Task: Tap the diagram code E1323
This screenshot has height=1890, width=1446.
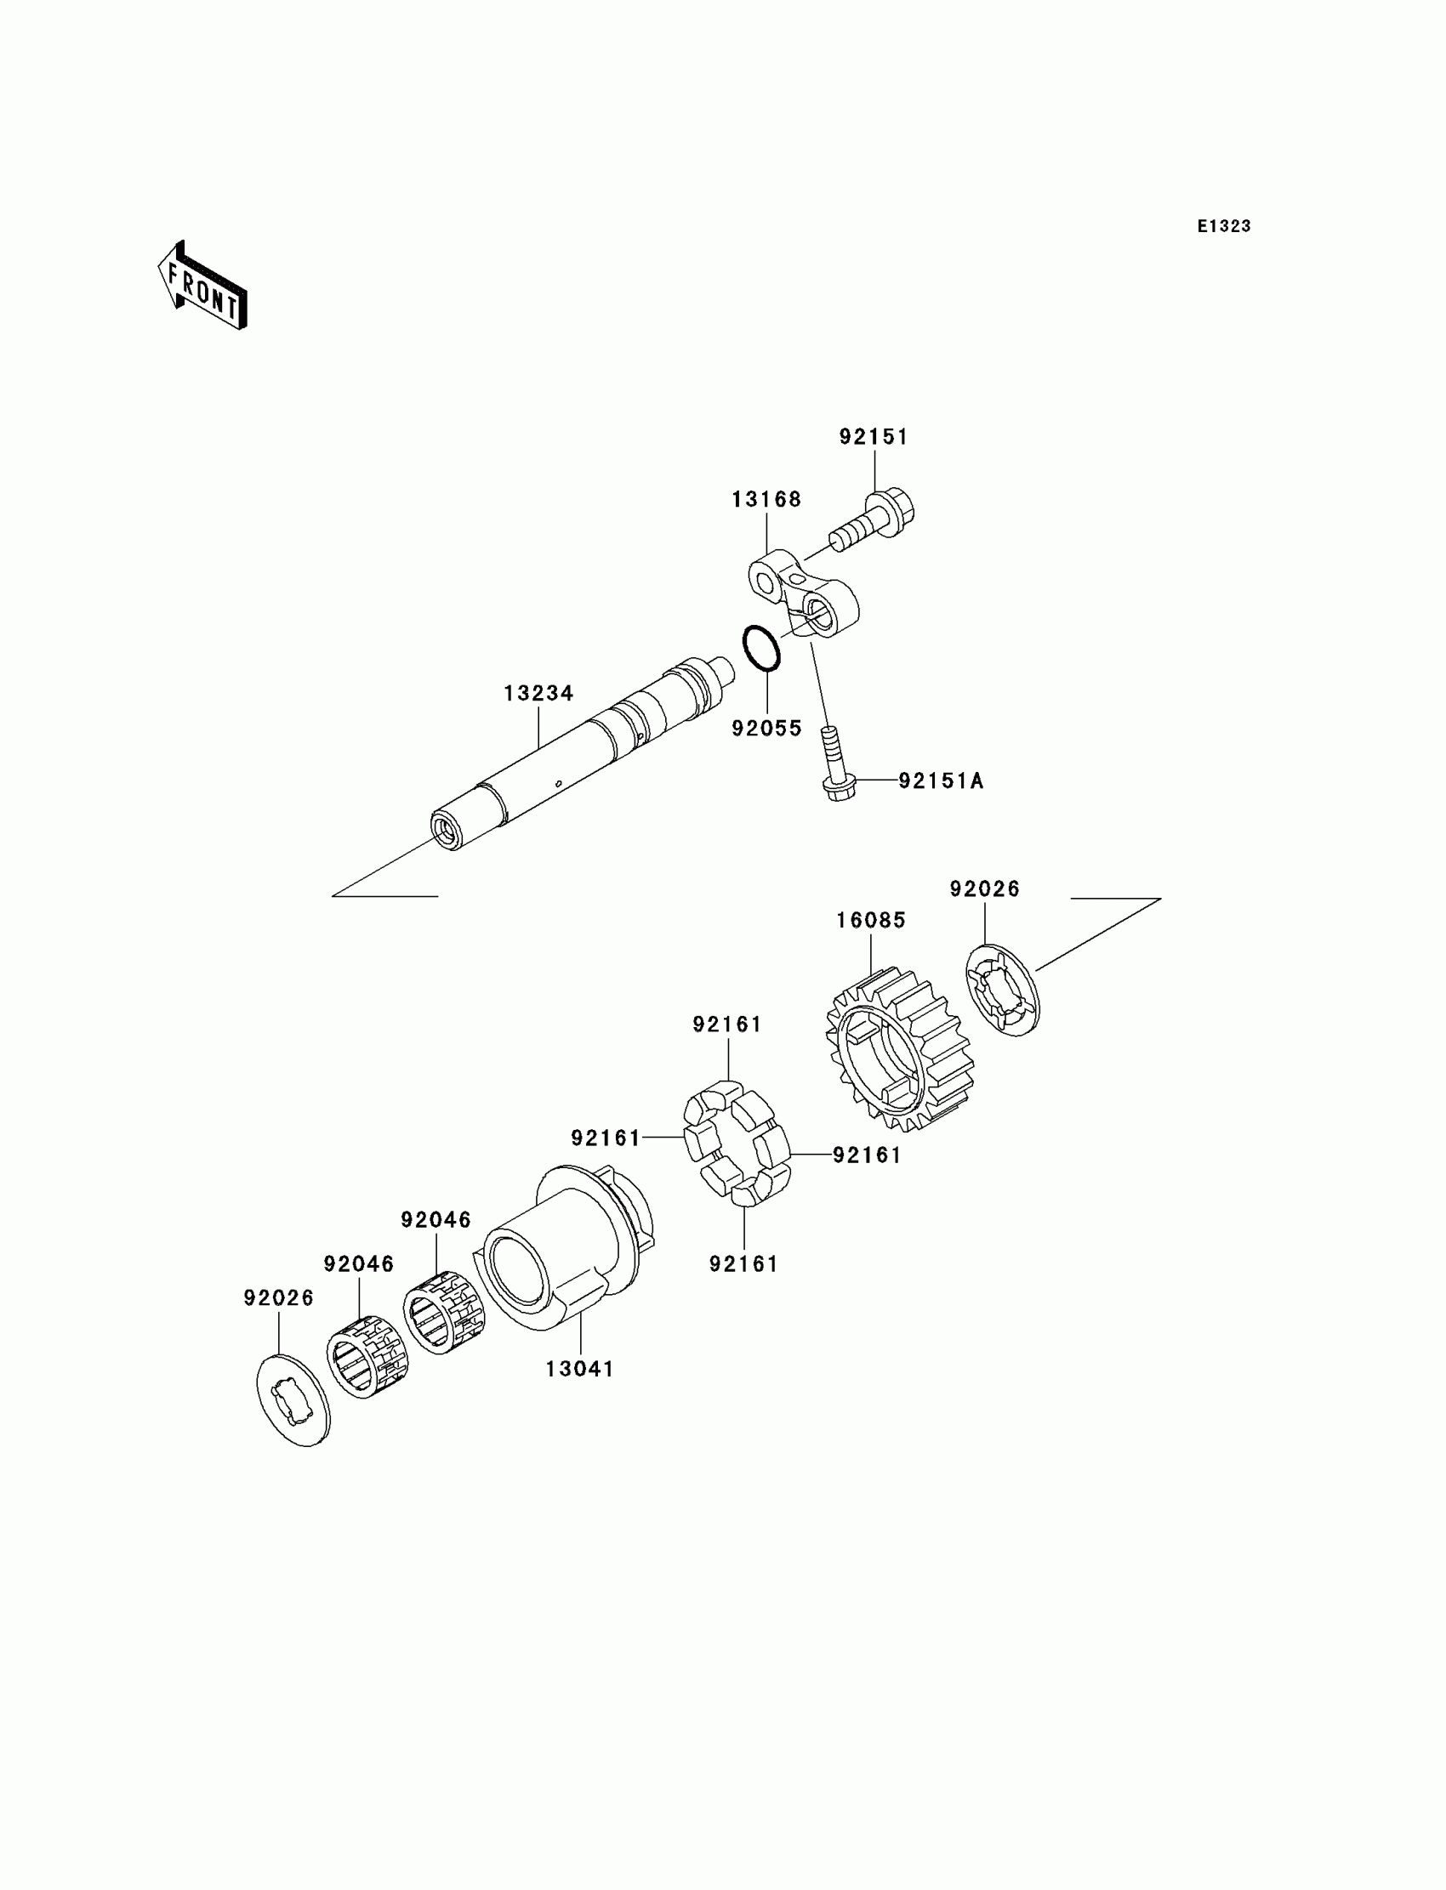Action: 1223,226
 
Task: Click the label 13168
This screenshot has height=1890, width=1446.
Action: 766,500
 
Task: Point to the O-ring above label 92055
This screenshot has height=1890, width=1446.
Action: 761,647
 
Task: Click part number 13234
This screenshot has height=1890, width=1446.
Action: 538,694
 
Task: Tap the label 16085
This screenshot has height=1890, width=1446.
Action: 871,921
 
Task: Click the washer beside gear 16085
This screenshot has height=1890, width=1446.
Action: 1003,990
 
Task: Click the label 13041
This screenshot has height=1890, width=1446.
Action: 580,1369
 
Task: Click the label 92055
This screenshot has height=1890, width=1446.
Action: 766,729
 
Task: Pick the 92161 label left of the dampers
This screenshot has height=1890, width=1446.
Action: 606,1138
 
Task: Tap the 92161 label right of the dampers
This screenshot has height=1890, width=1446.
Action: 867,1155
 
